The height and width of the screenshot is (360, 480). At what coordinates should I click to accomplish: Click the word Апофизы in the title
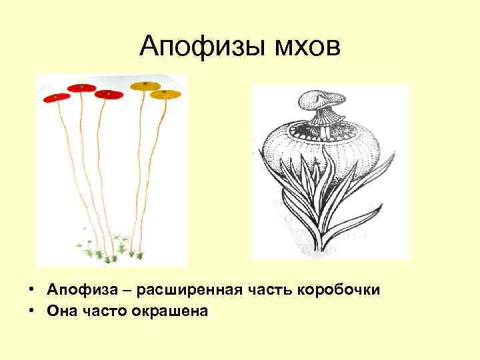tap(198, 47)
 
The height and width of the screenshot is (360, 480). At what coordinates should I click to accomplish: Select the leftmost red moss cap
tap(57, 97)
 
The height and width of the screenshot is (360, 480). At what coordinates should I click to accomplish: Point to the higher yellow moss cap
tap(145, 85)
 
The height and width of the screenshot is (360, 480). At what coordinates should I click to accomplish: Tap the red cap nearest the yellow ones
tap(109, 94)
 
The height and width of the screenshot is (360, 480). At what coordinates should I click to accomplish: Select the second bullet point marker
tap(31, 310)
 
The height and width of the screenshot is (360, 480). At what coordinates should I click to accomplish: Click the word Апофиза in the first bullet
tap(77, 291)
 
